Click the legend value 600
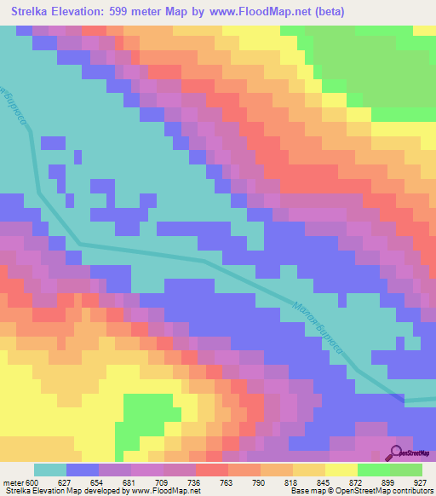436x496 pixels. coord(33,482)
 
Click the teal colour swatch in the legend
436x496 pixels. coord(50,470)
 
